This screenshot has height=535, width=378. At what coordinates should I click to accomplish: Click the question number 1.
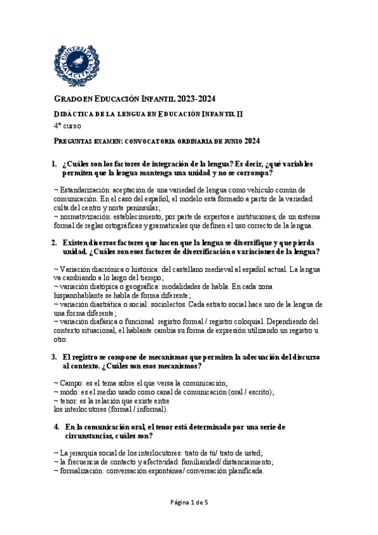[54, 164]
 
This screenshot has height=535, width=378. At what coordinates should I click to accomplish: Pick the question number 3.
[54, 357]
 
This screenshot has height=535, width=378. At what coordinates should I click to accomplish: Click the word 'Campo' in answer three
[71, 382]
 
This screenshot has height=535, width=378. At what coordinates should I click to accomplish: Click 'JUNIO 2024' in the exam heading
[240, 141]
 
